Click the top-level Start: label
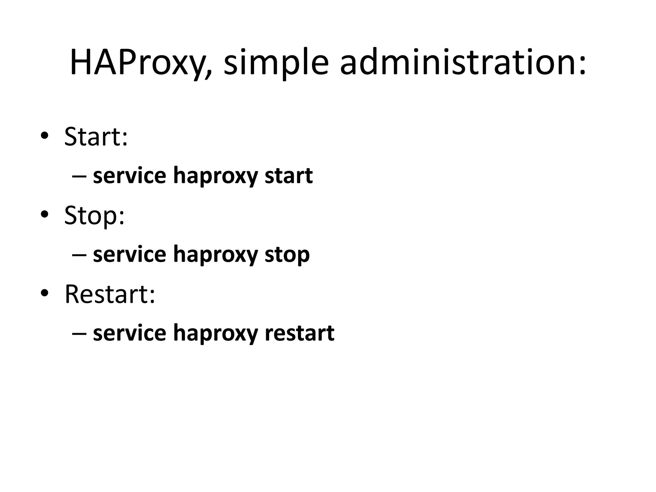96,137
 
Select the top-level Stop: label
94,216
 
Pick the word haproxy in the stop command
215,255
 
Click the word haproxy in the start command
215,176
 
